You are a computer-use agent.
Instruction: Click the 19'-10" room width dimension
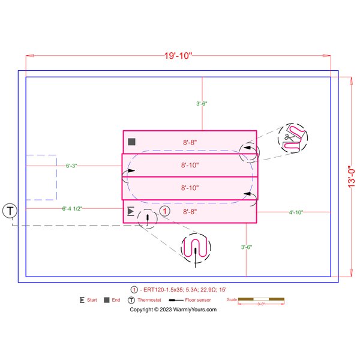[178, 56]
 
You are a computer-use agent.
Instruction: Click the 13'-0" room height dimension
[351, 177]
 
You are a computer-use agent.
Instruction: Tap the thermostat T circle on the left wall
[10, 211]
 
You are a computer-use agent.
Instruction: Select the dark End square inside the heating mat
[131, 142]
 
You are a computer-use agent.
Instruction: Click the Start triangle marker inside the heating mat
[131, 211]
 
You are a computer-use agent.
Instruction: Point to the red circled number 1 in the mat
[164, 211]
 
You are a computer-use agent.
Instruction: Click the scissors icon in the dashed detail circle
[289, 137]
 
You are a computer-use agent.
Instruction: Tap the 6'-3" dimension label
[71, 166]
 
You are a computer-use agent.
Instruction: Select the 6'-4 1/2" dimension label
[72, 209]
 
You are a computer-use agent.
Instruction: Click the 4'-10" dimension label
[296, 212]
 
